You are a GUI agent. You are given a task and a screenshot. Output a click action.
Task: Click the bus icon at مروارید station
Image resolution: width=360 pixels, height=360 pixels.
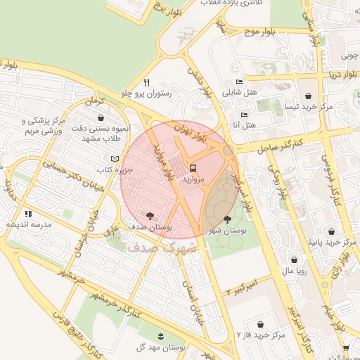pyautogui.click(x=193, y=169)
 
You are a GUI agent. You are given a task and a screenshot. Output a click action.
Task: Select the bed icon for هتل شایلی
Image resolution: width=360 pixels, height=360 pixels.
pyautogui.click(x=240, y=81)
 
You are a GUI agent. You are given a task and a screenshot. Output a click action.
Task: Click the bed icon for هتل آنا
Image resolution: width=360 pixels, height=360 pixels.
pyautogui.click(x=244, y=114)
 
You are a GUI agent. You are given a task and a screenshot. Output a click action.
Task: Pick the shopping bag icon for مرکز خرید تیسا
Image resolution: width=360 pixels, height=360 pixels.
pyautogui.click(x=308, y=96)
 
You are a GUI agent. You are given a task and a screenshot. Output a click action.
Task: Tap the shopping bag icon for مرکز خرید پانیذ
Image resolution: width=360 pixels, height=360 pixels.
pyautogui.click(x=333, y=231)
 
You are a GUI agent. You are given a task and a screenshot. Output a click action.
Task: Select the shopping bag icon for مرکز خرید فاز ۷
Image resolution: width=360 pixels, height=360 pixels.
pyautogui.click(x=261, y=324)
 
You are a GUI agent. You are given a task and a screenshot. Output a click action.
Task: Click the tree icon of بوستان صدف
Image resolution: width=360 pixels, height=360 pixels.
pyautogui.click(x=150, y=215)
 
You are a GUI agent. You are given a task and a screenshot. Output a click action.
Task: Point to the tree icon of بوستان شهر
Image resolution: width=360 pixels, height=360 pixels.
pyautogui.click(x=226, y=220)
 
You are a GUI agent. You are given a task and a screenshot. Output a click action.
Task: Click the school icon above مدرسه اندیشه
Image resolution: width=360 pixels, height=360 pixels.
pyautogui.click(x=28, y=214)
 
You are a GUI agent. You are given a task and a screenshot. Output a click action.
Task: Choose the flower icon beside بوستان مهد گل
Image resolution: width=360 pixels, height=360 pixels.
pyautogui.click(x=161, y=336)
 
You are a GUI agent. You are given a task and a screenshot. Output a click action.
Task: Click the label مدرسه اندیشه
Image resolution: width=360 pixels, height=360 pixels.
pyautogui.click(x=27, y=225)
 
